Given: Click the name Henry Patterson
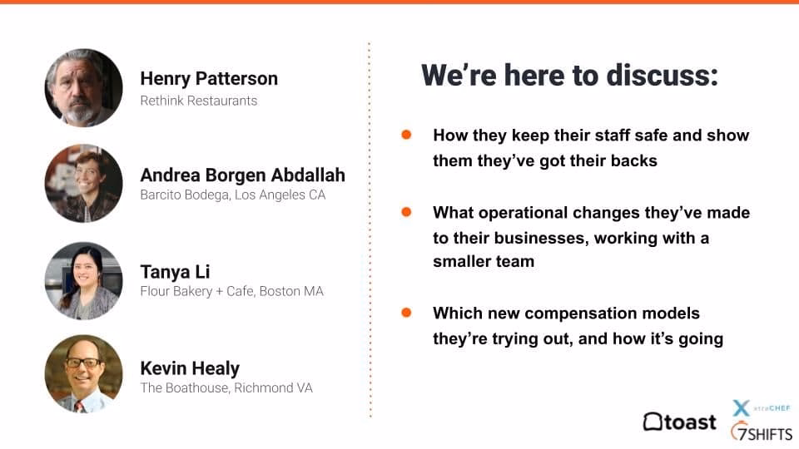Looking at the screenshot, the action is [x=209, y=78].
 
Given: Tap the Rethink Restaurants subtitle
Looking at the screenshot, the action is [x=199, y=101].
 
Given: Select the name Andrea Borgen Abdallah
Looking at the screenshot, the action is [x=242, y=175].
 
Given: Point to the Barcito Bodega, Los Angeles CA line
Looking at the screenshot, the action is [x=233, y=195].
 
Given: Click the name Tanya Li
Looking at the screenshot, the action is [x=175, y=272].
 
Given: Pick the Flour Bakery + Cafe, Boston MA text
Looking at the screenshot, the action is [x=232, y=291].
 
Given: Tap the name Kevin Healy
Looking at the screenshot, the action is [x=190, y=368].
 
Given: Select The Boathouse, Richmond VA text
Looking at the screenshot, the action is [x=226, y=388].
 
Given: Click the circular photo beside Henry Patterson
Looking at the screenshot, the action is [x=83, y=87].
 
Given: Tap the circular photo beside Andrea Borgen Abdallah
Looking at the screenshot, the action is [x=83, y=183].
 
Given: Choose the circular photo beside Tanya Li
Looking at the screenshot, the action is [x=83, y=280].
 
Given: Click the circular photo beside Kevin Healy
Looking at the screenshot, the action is [x=83, y=373].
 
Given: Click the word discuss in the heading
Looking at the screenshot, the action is [x=663, y=76].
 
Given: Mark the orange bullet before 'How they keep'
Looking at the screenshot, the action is [x=406, y=135].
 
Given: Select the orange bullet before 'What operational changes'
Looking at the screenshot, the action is [x=406, y=212].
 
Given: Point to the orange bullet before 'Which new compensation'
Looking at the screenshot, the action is [x=406, y=313].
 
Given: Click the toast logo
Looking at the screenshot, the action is [x=680, y=422].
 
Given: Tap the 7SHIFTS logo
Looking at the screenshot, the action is [x=762, y=432].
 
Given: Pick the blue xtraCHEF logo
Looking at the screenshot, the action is [x=762, y=407].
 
